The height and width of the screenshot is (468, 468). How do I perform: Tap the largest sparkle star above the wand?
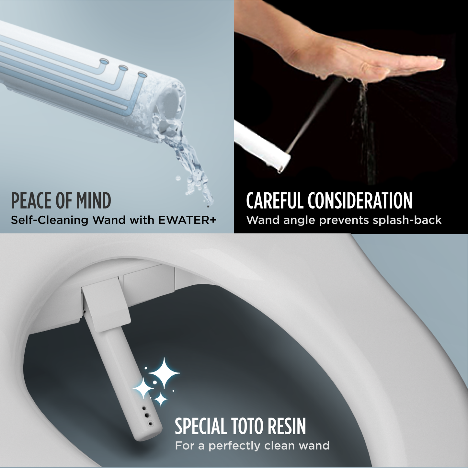[x=164, y=373]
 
